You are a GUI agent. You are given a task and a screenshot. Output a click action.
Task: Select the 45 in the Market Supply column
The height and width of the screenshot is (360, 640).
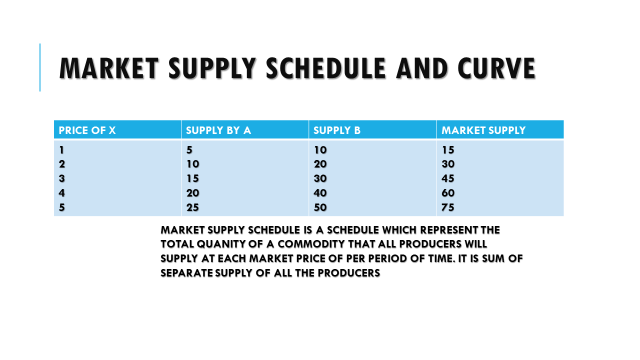449,178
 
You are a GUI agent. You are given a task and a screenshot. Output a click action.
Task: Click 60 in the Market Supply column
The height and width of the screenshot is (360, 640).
449,192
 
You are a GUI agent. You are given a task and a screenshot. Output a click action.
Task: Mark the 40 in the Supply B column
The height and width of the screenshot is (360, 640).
320,192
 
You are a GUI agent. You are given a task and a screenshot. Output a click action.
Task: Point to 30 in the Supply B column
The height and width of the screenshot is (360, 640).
320,178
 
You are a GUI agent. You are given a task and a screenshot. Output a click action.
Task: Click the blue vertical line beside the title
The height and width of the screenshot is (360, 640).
41,68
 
